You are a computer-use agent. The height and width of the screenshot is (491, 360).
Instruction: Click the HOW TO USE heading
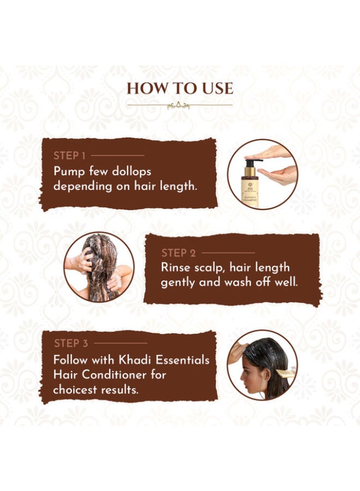click(x=179, y=88)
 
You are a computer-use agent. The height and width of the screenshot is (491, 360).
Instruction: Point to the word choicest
click(x=74, y=390)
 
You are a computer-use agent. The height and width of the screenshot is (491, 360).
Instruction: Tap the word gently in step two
click(x=178, y=283)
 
